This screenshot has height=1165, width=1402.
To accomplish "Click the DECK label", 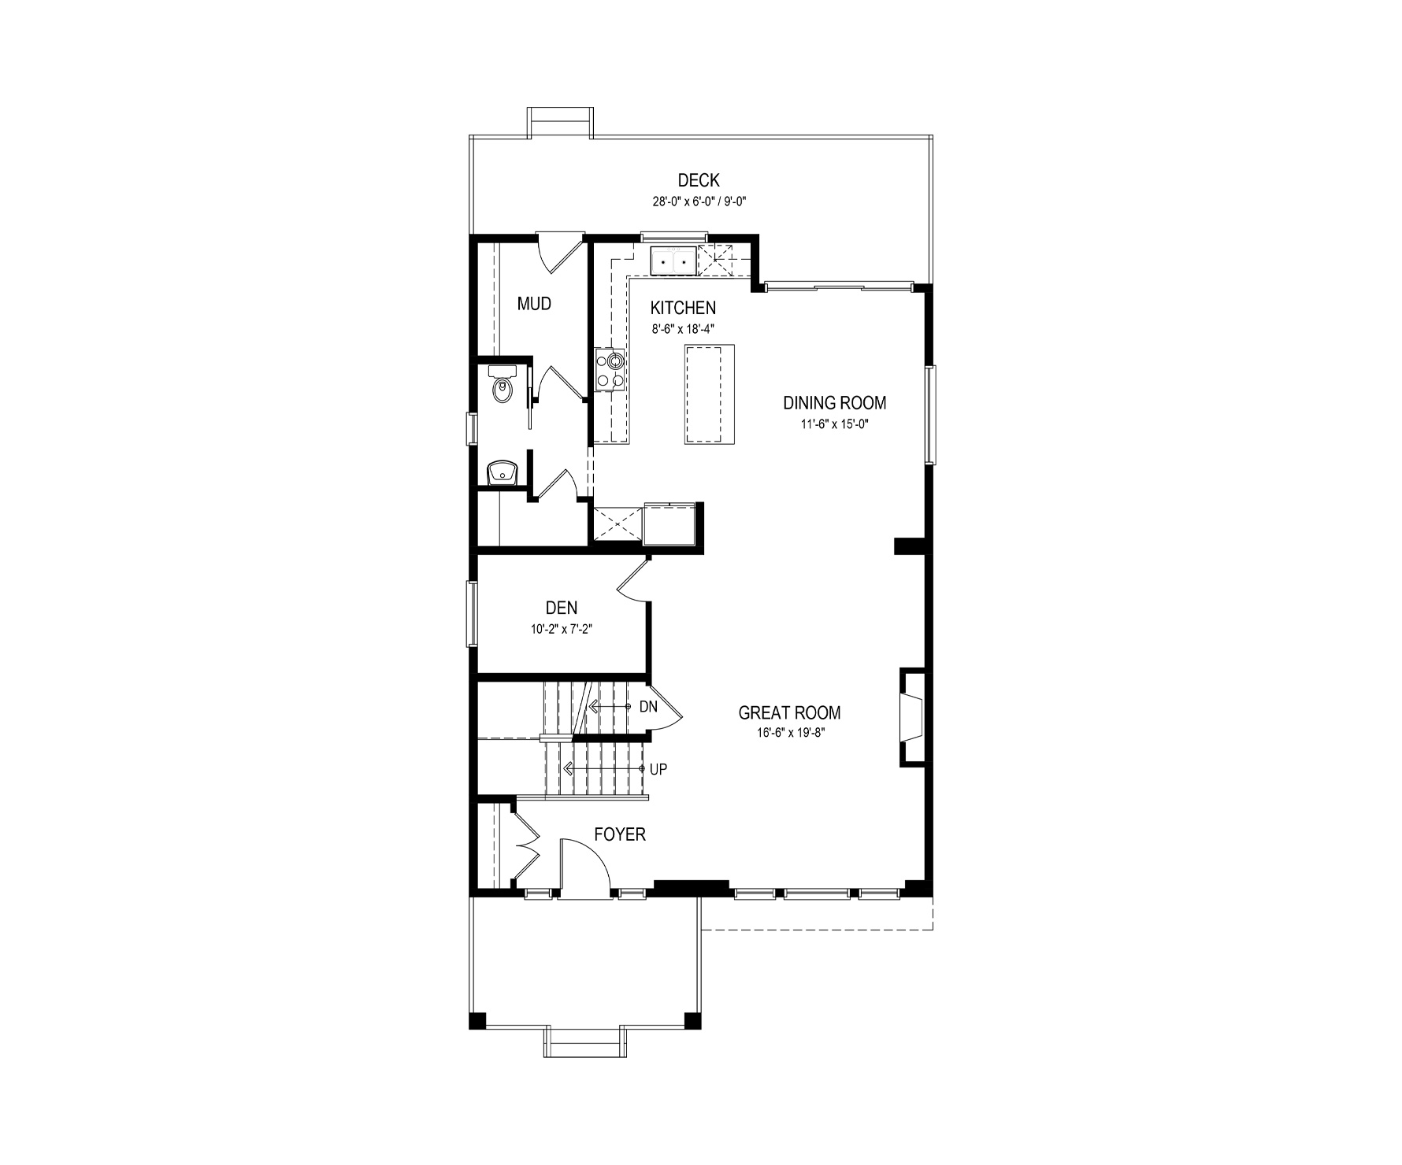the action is (x=699, y=181).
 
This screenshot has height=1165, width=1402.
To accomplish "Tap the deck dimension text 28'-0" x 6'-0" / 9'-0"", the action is (x=699, y=202).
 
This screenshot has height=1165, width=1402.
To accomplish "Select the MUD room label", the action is (x=534, y=304).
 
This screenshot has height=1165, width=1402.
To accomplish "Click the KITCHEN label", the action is (x=683, y=308).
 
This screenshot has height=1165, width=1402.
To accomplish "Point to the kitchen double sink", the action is (x=673, y=259).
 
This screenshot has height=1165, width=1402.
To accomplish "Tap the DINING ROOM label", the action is (x=834, y=403).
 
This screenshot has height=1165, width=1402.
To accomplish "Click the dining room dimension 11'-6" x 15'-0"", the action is (x=835, y=423).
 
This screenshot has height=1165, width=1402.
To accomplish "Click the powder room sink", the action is (x=500, y=473).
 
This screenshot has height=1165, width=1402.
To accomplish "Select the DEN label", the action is (x=562, y=608).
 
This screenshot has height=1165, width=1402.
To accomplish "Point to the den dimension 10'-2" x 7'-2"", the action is (x=562, y=629).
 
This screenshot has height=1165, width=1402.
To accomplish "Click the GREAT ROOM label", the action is (x=789, y=713).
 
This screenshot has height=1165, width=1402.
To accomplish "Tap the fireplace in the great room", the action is (x=914, y=717).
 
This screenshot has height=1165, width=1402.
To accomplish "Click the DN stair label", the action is (x=648, y=707).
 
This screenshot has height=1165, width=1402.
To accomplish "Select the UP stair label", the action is (x=658, y=769).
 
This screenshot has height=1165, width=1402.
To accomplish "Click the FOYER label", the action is (x=620, y=834).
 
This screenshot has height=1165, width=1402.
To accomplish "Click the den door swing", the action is (x=632, y=583).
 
